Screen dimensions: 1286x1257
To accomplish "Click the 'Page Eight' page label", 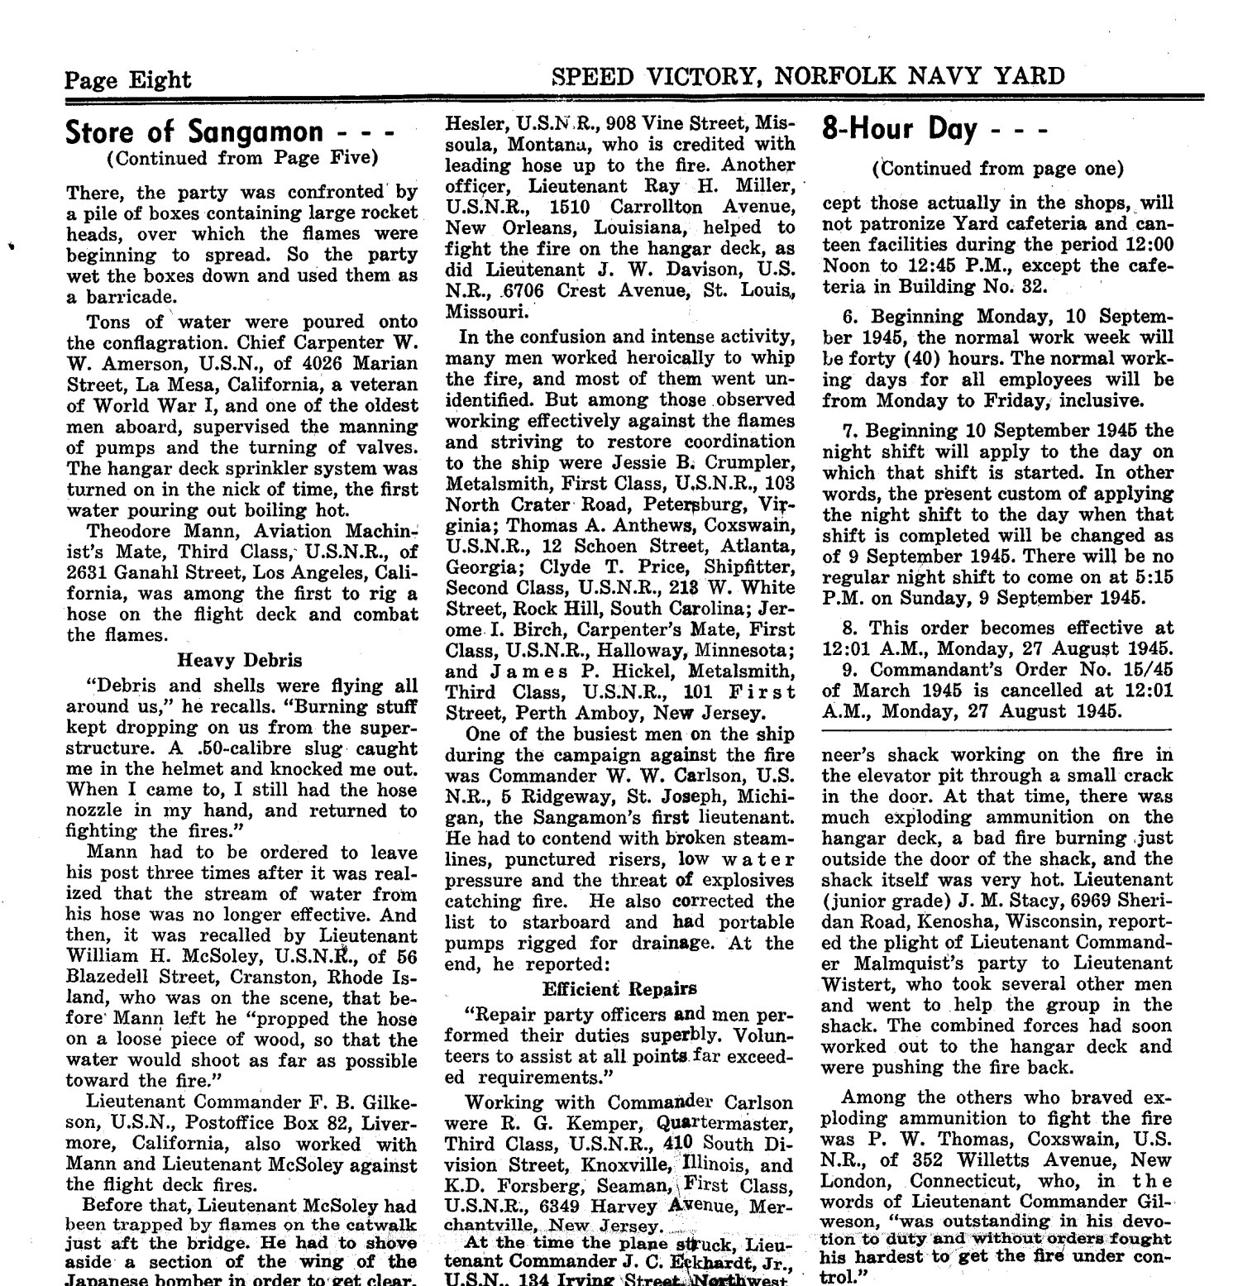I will pos(128,79).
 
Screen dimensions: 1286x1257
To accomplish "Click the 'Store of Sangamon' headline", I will pos(195,132).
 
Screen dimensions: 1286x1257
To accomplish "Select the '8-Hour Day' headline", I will pos(900,129).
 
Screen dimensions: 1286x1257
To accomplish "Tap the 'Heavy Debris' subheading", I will pos(240,660).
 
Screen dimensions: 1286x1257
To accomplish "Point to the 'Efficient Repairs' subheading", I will pos(619,988).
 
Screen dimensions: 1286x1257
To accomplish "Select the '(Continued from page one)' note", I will pos(997,169).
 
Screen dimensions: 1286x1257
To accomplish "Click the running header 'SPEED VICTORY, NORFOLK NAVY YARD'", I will pos(808,77).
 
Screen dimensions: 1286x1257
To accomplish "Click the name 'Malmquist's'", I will pos(902,963).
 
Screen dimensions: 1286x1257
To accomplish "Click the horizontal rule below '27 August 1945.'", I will pos(997,730).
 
